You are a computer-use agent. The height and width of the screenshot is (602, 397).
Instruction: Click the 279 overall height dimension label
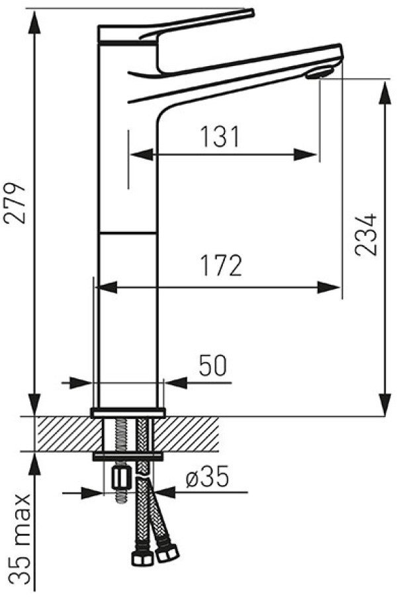[15, 203]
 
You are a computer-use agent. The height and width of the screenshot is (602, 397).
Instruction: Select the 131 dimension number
[220, 136]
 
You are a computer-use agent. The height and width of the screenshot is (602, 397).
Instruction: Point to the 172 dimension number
[222, 265]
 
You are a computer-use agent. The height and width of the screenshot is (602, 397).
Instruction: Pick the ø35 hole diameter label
[207, 477]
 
